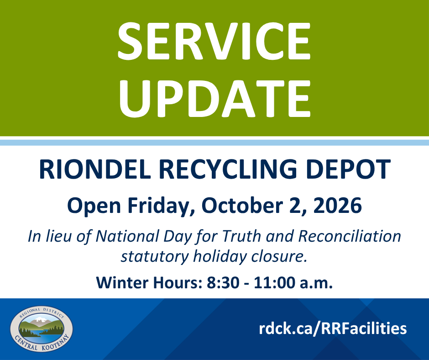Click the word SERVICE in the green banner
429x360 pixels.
click(214, 41)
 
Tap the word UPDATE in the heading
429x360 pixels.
click(215, 99)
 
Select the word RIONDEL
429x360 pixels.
click(95, 169)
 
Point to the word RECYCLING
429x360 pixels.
click(228, 169)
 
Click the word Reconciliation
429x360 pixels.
click(350, 236)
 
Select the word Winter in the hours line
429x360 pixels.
click(122, 283)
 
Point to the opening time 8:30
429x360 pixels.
click(223, 283)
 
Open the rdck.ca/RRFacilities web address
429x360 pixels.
click(333, 328)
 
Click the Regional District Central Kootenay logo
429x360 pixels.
click(42, 329)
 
